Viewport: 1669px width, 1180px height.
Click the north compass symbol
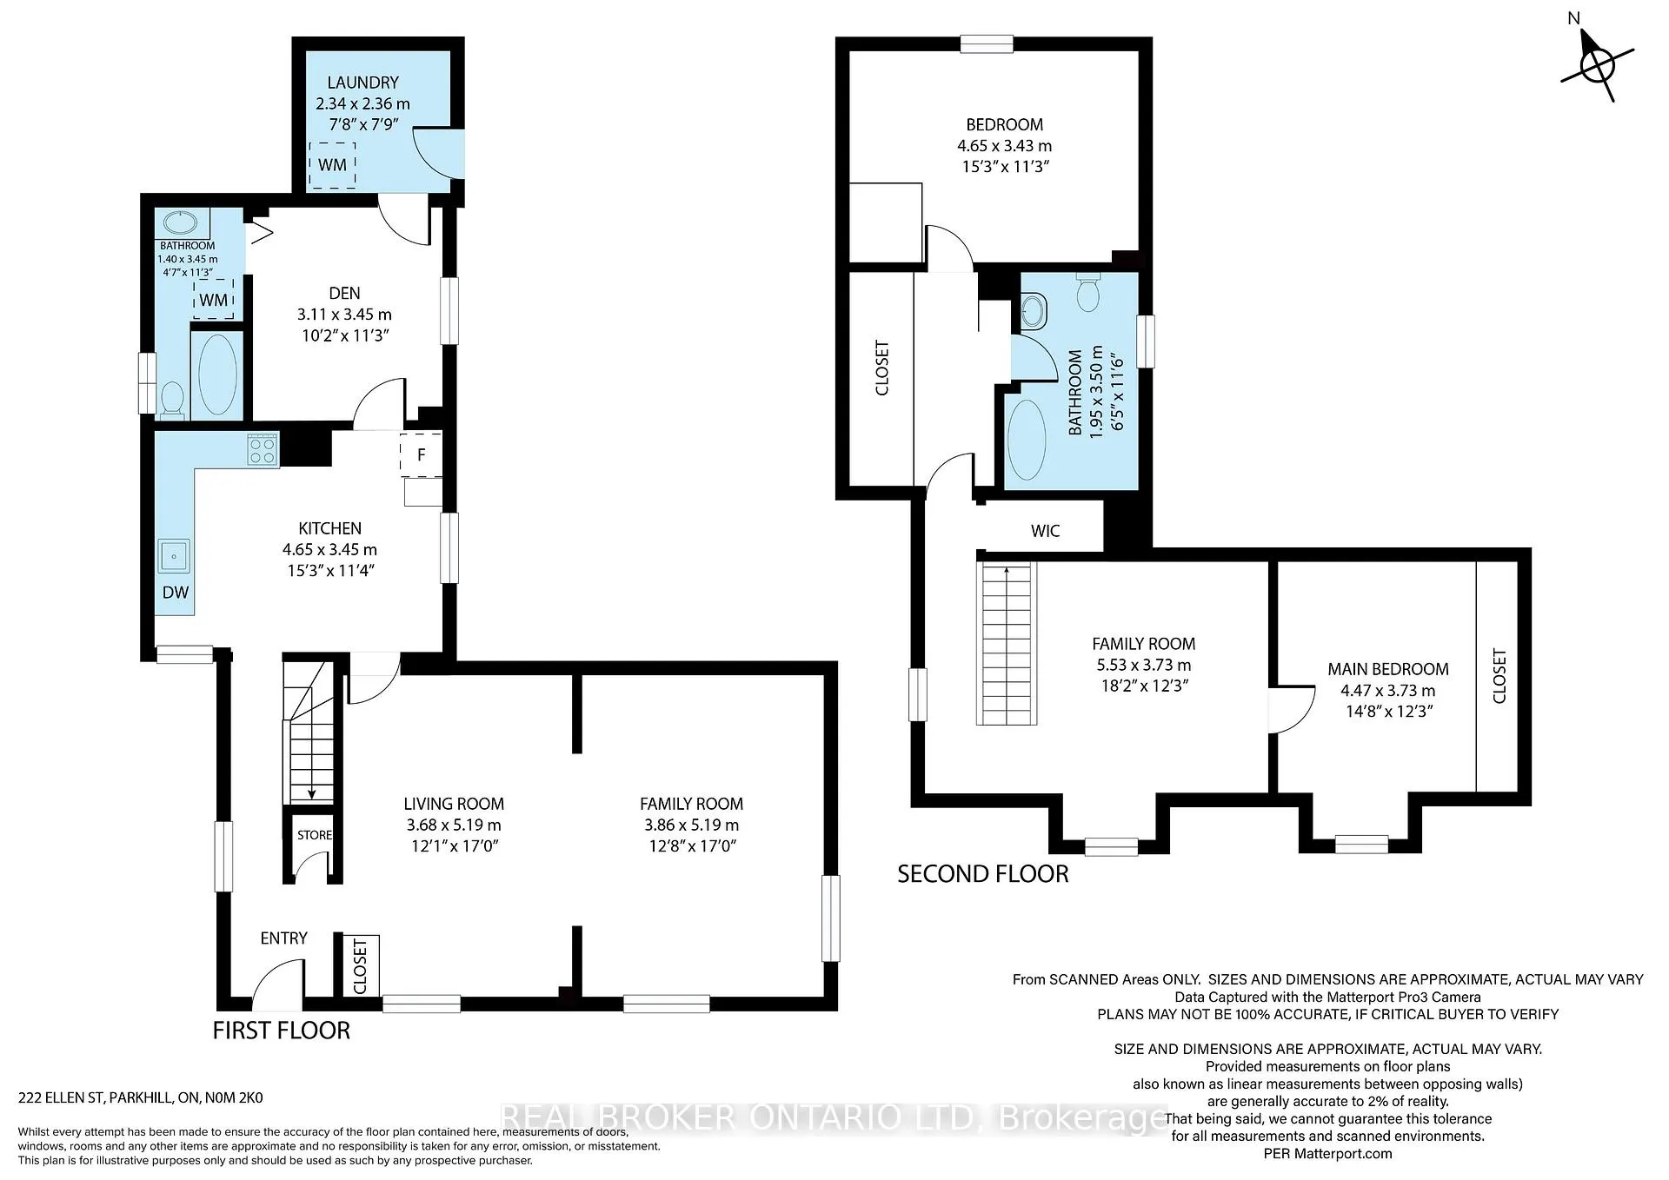click(x=1597, y=66)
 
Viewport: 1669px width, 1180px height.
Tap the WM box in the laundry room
click(x=332, y=165)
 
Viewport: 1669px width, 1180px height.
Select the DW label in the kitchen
click(x=176, y=593)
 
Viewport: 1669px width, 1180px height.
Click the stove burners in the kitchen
click(x=263, y=450)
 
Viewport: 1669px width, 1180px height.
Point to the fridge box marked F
click(x=422, y=454)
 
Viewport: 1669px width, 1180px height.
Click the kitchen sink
click(x=175, y=556)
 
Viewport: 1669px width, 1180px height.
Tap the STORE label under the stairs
click(x=315, y=835)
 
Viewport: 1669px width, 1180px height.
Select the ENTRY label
click(x=283, y=938)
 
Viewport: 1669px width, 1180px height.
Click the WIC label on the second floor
click(x=1045, y=531)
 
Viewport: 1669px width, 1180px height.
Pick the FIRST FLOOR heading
click(x=282, y=1031)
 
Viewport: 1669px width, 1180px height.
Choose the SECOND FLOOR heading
click(x=983, y=874)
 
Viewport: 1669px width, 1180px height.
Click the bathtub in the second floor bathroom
click(x=1027, y=440)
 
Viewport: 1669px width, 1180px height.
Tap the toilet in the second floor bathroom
click(x=1087, y=292)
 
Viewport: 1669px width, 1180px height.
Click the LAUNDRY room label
click(x=362, y=83)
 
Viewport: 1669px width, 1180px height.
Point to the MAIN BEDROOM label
click(x=1388, y=669)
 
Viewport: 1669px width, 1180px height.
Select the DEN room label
click(x=344, y=294)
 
